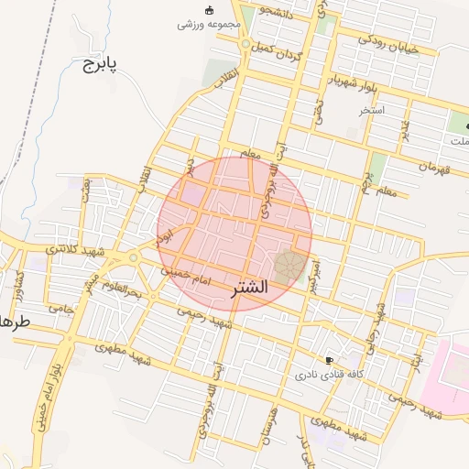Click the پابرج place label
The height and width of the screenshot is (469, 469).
102,65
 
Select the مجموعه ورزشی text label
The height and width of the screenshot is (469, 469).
209,24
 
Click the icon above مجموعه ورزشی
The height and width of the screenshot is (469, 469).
209,10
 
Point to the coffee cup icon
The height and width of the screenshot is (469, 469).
330,361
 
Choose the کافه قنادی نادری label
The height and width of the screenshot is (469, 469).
330,376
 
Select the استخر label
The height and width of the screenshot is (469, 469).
372,110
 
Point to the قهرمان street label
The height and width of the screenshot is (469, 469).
436,168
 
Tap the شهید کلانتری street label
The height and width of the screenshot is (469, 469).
75,249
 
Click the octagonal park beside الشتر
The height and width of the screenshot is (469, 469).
289,267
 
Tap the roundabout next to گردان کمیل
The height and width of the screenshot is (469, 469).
245,45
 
